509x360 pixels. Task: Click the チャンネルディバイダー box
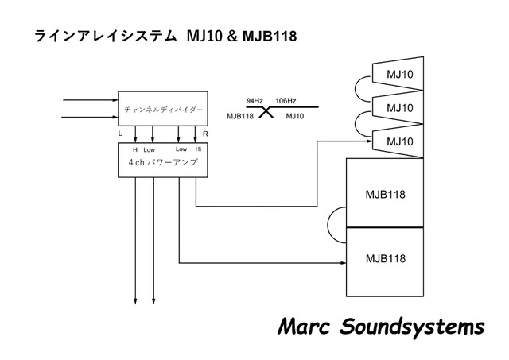164,108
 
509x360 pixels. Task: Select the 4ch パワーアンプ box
164,162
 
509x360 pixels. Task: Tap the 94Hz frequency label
255,101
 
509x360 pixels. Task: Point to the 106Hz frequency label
286,101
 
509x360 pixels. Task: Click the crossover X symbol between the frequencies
266,112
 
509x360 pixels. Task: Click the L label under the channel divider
120,134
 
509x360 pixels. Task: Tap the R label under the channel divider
206,134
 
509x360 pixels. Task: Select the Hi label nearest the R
198,149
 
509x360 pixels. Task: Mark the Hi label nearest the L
135,149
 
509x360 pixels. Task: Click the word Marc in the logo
305,327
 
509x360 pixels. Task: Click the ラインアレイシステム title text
103,37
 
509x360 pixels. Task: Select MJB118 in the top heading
270,37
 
